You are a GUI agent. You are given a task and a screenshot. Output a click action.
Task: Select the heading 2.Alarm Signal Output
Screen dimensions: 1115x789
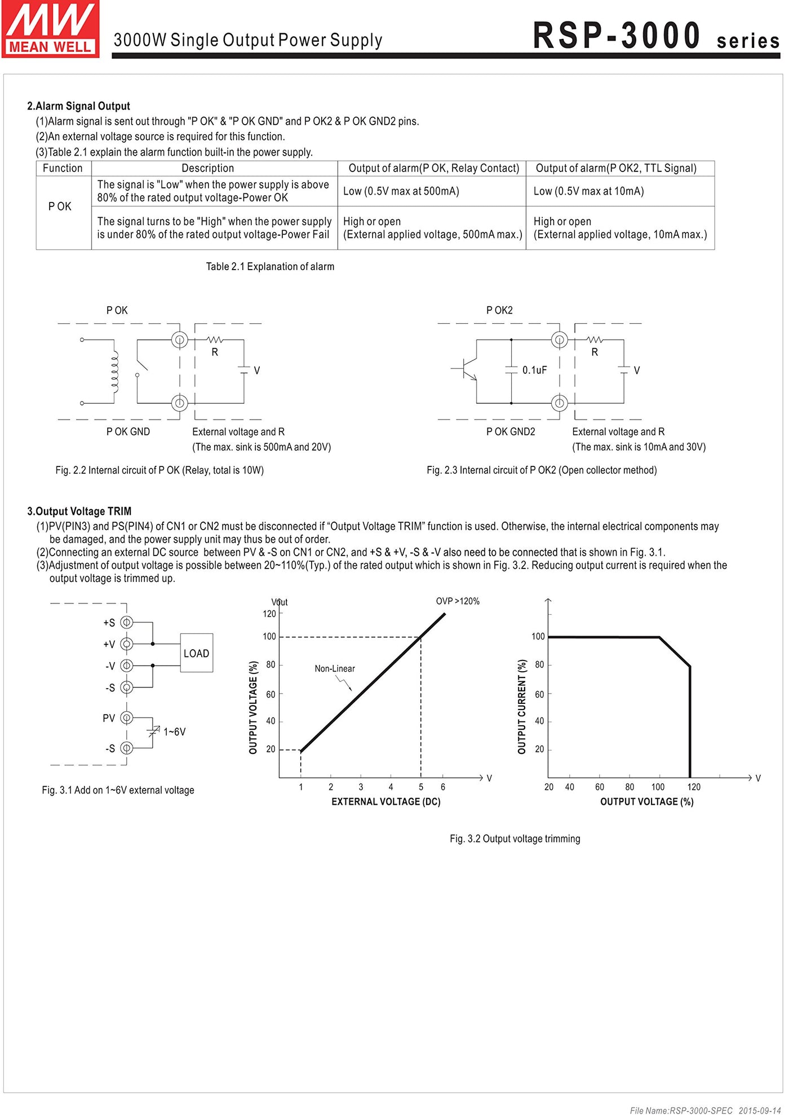[78, 106]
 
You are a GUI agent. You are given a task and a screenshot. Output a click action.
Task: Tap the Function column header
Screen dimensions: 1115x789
[63, 168]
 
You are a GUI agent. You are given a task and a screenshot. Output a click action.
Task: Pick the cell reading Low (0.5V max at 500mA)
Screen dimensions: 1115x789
[401, 191]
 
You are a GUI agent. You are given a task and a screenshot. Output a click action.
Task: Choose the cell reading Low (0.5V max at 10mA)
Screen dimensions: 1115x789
[588, 191]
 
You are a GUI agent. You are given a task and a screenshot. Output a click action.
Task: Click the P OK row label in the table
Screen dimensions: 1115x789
[60, 206]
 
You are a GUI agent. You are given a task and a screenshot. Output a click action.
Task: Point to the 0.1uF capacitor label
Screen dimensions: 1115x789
[534, 370]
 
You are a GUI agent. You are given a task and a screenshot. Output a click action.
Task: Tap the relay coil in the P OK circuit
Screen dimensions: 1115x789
[115, 372]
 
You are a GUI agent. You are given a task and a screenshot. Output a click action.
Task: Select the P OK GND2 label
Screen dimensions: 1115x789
[511, 431]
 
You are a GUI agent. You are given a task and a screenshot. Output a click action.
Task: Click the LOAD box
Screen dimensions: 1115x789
[196, 653]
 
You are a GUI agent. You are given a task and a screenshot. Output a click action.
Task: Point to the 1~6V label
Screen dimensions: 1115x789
[174, 732]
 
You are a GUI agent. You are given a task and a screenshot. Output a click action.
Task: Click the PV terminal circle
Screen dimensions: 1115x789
[127, 718]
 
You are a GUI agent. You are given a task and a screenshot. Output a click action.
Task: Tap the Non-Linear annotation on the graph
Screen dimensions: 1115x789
[335, 669]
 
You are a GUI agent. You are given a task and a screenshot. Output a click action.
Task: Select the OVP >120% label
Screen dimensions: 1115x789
[458, 601]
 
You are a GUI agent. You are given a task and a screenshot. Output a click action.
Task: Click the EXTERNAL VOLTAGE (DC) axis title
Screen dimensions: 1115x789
[386, 801]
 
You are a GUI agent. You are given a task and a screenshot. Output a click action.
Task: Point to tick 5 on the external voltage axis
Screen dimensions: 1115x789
[421, 787]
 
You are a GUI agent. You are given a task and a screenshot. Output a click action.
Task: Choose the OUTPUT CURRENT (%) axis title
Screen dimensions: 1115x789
[522, 707]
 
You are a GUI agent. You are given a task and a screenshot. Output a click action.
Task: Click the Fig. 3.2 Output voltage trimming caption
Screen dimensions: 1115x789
[515, 839]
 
